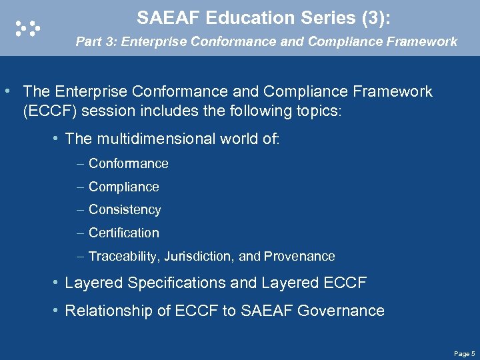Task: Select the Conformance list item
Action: click(128, 163)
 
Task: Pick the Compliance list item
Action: click(123, 187)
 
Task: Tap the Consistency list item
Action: click(125, 209)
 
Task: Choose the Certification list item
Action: click(123, 233)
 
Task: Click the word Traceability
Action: click(122, 256)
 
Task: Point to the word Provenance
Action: click(299, 256)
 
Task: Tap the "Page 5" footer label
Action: click(464, 353)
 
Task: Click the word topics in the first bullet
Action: click(317, 110)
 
